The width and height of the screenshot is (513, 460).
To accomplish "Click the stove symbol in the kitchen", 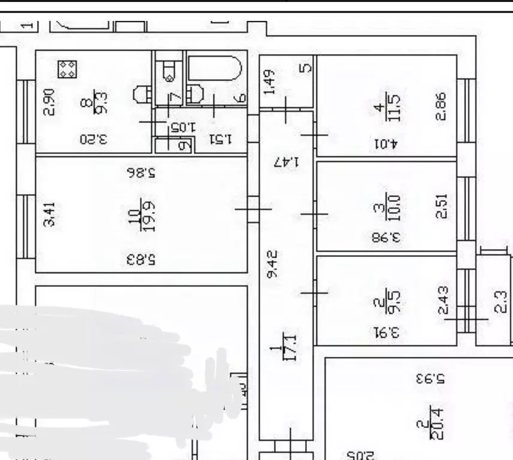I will [x=67, y=69].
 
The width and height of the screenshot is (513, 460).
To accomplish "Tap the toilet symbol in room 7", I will [x=169, y=71].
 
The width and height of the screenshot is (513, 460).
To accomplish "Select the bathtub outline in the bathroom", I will [x=215, y=69].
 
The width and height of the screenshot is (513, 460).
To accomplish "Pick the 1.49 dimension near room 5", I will [x=270, y=82].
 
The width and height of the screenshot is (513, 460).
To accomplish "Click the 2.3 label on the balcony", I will [x=501, y=301].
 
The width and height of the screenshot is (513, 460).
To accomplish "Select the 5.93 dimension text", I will [x=430, y=379].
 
